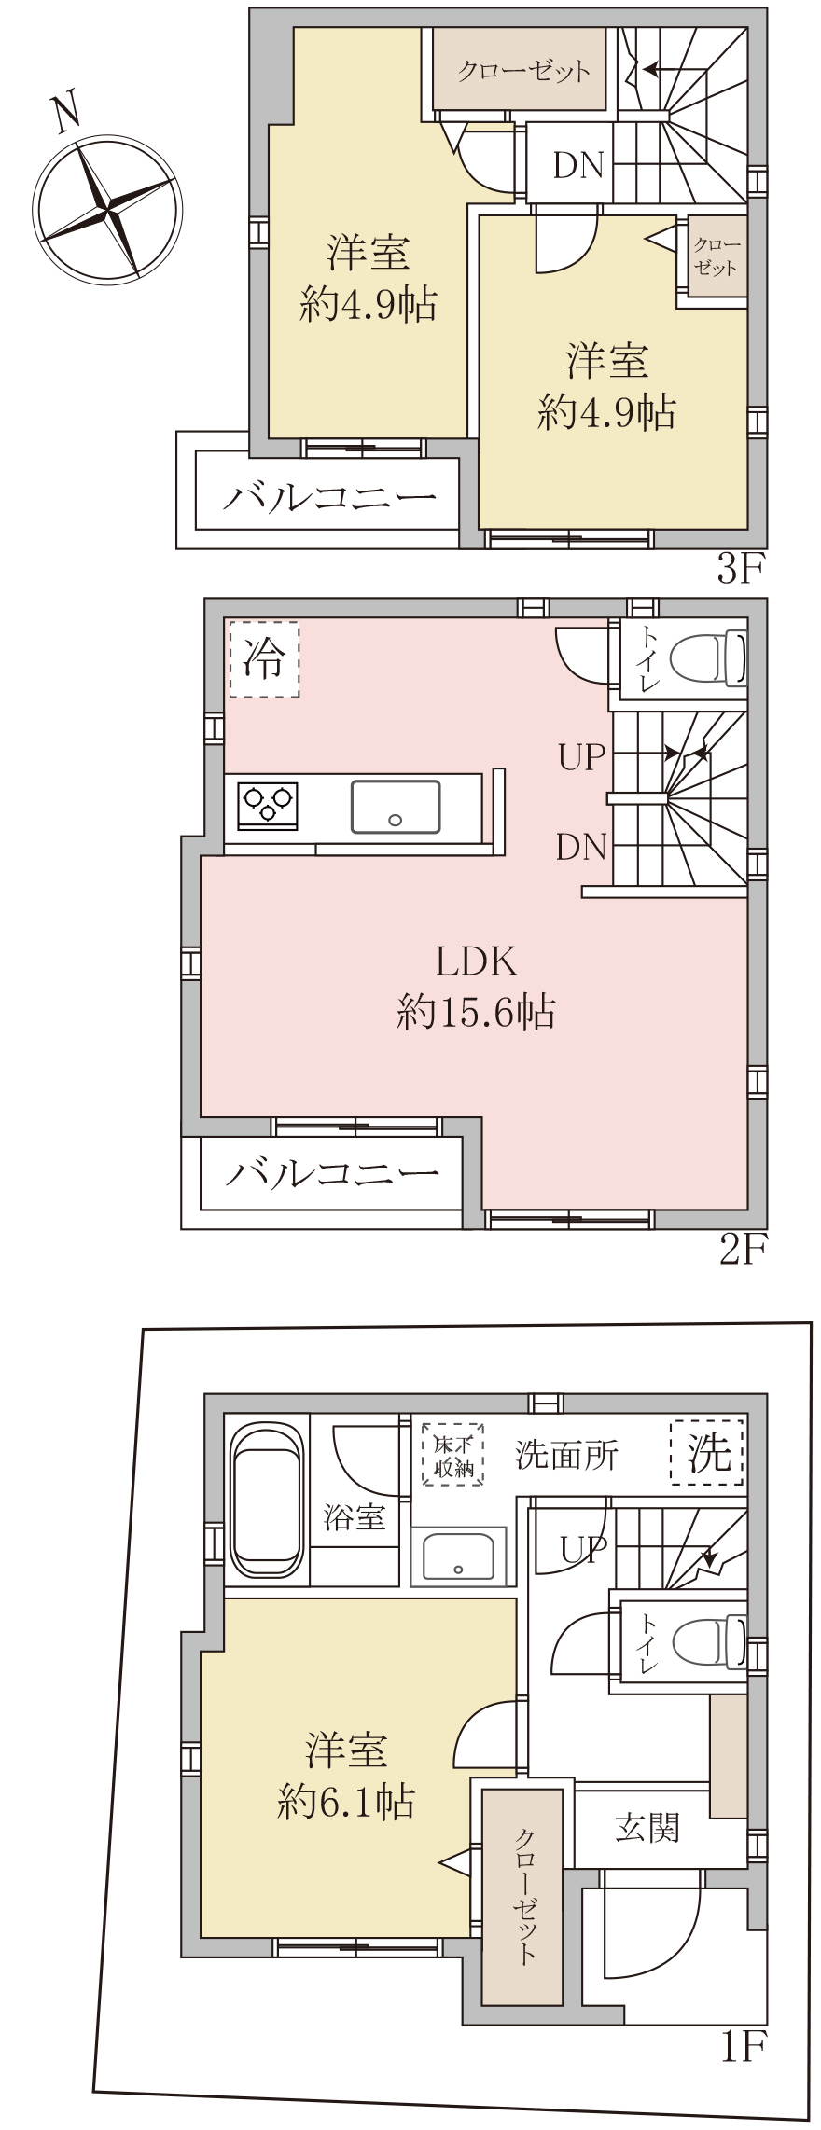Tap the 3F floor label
pos(741,568)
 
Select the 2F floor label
pos(743,1249)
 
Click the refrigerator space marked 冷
pos(264,659)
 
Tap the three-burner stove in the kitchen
pos(268,805)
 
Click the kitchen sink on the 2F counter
pos(396,807)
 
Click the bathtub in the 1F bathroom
pos(268,1500)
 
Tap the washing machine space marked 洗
pos(707,1452)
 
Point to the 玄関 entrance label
pos(647,1829)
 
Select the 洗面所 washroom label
pos(566,1455)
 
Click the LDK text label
pos(476,961)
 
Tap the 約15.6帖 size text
pos(476,1011)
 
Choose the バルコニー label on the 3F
pos(329,496)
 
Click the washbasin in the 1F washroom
pos(458,1556)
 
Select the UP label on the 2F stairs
pos(582,756)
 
